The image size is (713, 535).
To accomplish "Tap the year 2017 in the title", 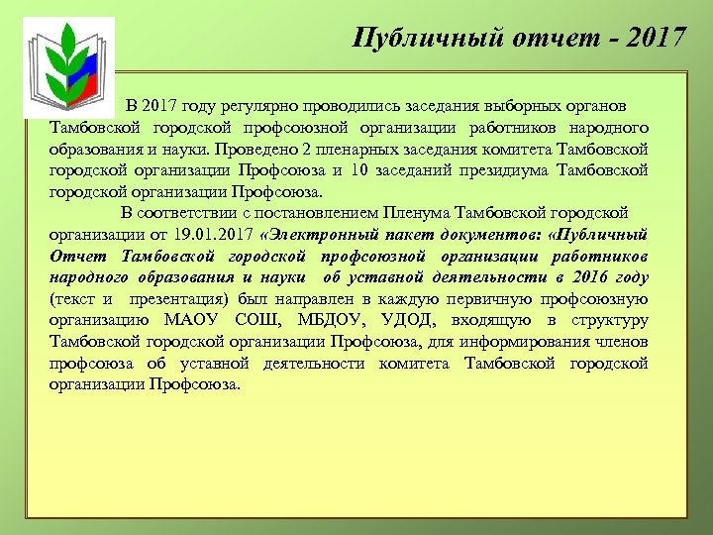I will [x=654, y=38].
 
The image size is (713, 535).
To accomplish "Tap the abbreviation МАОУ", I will [x=191, y=320].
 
